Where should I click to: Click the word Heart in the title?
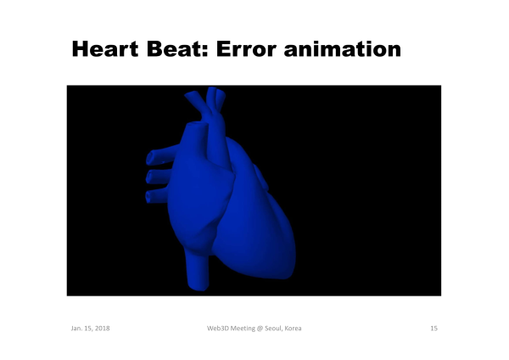(x=105, y=49)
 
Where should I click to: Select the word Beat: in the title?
(x=177, y=49)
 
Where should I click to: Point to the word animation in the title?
(x=343, y=49)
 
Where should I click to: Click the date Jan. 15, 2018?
(x=90, y=328)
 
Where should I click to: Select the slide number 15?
(x=434, y=328)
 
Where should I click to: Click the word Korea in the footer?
(x=293, y=328)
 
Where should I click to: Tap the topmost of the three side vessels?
(x=161, y=155)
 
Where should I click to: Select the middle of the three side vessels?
(x=159, y=177)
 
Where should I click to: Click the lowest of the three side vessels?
(x=157, y=195)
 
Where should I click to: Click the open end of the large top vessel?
(x=197, y=125)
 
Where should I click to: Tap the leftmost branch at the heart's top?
(x=195, y=101)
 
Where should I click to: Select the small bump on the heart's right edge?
(x=261, y=177)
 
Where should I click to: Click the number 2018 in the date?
(x=102, y=328)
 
